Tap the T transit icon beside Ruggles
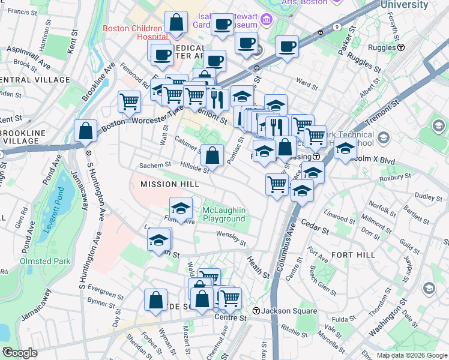tap(400, 47)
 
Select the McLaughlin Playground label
tap(224, 215)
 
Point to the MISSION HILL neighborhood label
tap(166, 184)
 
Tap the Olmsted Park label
tap(46, 261)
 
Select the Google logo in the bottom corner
tap(19, 353)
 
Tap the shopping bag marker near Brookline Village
tap(86, 130)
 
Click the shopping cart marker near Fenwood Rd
tap(129, 101)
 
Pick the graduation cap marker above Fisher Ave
tap(181, 208)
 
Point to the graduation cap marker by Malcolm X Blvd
tap(345, 148)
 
